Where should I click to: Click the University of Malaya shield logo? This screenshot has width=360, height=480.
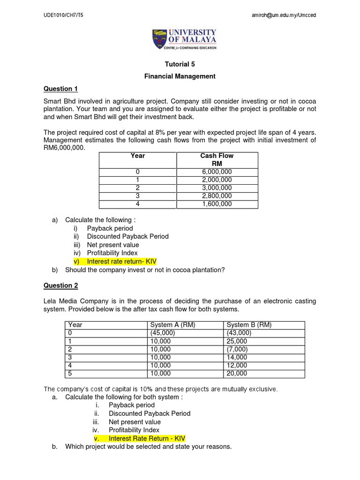pyautogui.click(x=159, y=39)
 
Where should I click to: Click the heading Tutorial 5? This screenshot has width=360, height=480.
pyautogui.click(x=180, y=65)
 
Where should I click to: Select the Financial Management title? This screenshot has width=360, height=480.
pyautogui.click(x=180, y=76)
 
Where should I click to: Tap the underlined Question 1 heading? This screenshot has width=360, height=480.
pyautogui.click(x=60, y=89)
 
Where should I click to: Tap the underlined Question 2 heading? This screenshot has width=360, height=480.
pyautogui.click(x=60, y=285)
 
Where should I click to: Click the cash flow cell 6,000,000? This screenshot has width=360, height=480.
pyautogui.click(x=217, y=172)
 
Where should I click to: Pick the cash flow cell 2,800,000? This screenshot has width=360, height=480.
pyautogui.click(x=217, y=196)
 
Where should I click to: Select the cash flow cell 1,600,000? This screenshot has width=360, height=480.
pyautogui.click(x=217, y=204)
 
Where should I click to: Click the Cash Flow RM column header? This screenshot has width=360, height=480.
pyautogui.click(x=217, y=160)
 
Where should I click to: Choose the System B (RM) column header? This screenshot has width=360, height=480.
pyautogui.click(x=248, y=325)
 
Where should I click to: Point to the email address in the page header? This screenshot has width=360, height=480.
pyautogui.click(x=284, y=15)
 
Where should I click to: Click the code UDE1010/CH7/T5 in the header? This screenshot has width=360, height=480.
pyautogui.click(x=63, y=15)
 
